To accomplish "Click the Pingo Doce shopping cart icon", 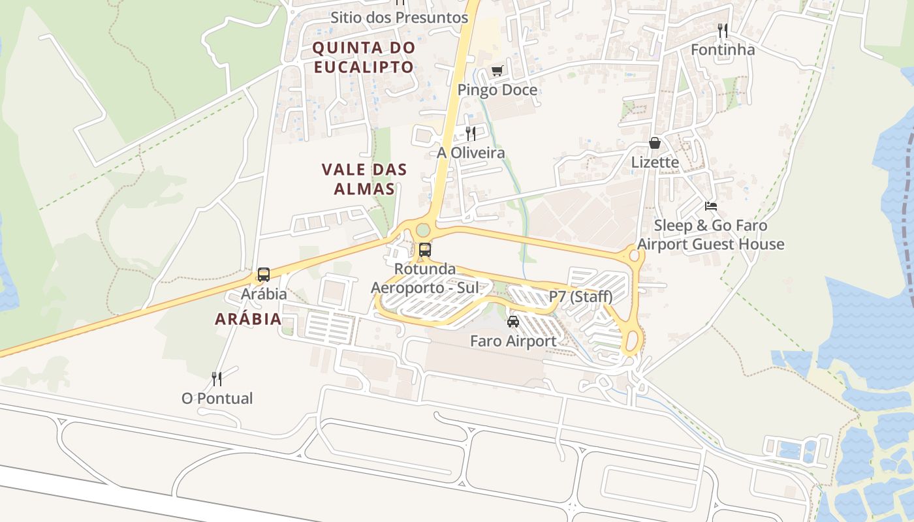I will tap(497, 70).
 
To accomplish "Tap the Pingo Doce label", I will tap(497, 90).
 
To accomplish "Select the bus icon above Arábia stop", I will tap(264, 275).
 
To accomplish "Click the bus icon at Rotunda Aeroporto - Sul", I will tap(425, 249).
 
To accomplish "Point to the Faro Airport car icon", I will tap(513, 322).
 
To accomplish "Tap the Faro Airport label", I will tap(513, 341).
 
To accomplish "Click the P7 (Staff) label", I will tap(580, 297).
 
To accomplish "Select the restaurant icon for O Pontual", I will tap(217, 378).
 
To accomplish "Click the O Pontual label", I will tap(217, 398).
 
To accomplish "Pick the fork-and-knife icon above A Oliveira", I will tap(470, 134).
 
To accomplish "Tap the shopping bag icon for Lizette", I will tap(655, 143).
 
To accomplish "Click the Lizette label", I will tap(655, 162).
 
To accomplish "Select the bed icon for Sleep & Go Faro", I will tap(711, 206).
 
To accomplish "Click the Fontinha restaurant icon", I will tap(722, 31).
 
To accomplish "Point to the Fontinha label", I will tap(722, 50).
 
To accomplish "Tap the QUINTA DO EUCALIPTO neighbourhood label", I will tap(364, 57).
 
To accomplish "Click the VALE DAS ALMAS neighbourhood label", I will tap(364, 179).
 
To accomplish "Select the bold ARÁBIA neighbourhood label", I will tap(248, 319).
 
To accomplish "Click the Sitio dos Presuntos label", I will tap(399, 18).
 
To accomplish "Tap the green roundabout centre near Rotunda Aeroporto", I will tap(423, 230).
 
